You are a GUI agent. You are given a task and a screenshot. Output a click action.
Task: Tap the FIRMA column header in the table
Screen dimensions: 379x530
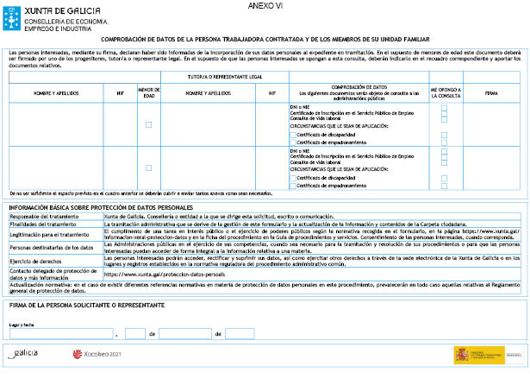(491, 91)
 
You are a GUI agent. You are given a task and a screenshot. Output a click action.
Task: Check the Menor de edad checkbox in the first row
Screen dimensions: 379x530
(148, 125)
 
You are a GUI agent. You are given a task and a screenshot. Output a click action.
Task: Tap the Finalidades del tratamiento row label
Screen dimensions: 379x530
(44, 224)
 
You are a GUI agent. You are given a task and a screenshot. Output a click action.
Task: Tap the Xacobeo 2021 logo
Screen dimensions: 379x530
(100, 354)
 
